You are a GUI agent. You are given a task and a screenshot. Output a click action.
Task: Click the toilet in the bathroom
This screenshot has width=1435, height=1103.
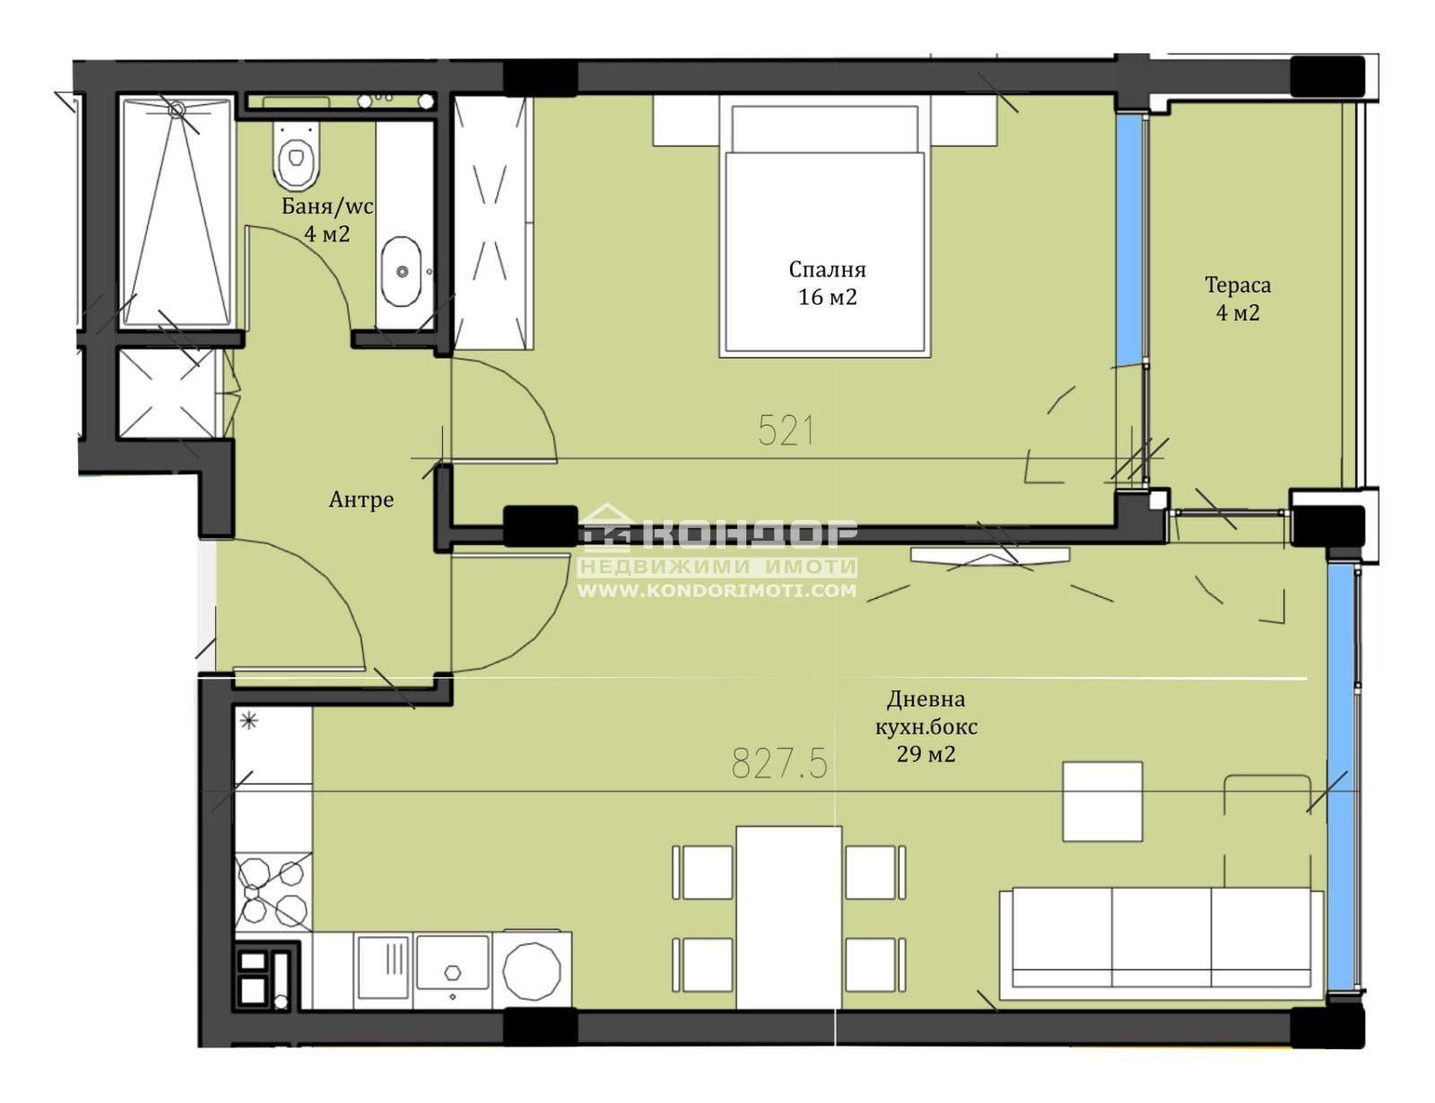[x=296, y=155]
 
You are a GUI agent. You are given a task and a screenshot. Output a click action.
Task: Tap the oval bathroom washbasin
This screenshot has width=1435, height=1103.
[x=401, y=272]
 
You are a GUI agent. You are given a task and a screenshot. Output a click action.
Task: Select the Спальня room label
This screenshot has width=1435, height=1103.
[x=827, y=269]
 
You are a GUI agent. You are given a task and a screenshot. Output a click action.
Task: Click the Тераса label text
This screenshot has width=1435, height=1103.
[x=1238, y=284]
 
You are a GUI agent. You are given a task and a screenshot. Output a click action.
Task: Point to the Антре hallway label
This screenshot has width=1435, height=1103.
[x=361, y=499]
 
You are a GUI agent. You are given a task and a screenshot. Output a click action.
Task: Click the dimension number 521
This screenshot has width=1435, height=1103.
[x=786, y=430]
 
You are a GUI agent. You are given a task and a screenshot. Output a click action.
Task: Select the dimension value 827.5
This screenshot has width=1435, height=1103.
[x=779, y=764]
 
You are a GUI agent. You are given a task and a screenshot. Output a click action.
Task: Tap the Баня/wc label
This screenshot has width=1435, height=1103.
[x=327, y=206]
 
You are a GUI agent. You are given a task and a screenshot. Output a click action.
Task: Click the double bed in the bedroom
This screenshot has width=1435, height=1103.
[x=825, y=226]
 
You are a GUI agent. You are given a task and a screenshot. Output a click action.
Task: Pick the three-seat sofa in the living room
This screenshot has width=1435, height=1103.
[x=1161, y=944]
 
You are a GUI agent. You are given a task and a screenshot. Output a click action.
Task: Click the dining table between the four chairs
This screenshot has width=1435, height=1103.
[x=788, y=917]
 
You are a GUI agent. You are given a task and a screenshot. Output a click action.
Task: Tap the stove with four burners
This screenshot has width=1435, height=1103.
[x=274, y=891]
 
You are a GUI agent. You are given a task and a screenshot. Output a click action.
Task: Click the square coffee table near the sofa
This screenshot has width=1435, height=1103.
[x=1102, y=802]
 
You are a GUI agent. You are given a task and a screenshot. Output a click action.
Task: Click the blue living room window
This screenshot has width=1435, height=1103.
[x=1340, y=779]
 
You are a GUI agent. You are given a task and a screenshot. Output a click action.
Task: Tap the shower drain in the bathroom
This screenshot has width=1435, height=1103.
[x=177, y=110]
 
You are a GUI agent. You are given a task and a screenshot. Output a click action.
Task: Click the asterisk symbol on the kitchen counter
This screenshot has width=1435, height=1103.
[x=249, y=720]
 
